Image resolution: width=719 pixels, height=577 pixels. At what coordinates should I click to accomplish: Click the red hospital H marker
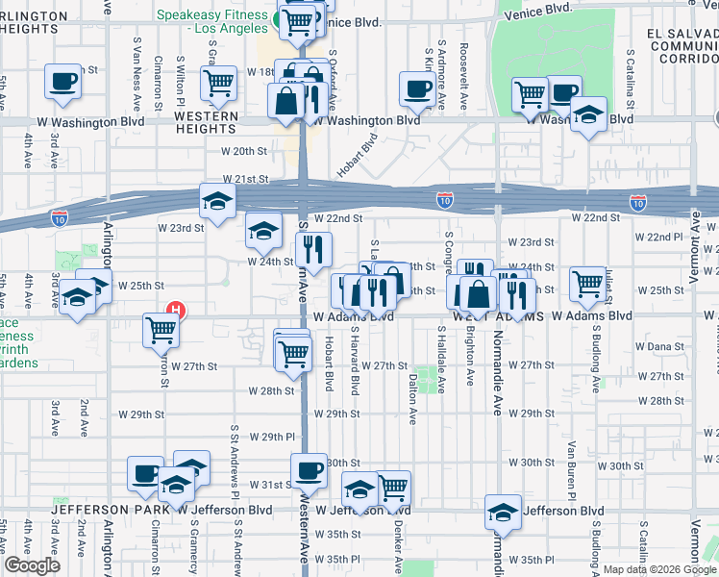176,311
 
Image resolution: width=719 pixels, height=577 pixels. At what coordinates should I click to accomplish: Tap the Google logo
32,565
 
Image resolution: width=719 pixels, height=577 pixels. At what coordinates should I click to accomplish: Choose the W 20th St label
243,151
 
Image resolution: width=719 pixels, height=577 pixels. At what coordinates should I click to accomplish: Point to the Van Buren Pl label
571,461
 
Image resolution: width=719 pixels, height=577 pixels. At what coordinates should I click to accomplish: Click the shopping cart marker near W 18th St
219,83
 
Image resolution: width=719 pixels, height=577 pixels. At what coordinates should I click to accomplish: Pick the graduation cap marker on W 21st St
218,201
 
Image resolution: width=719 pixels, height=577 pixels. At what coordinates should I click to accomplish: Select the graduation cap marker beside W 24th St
264,231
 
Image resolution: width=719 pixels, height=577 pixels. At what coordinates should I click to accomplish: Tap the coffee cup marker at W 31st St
309,471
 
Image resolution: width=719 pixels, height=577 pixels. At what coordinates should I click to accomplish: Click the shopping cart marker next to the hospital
161,330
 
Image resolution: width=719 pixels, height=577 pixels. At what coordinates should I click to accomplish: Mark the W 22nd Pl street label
664,237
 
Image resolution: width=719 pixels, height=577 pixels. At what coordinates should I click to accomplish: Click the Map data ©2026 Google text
658,568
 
